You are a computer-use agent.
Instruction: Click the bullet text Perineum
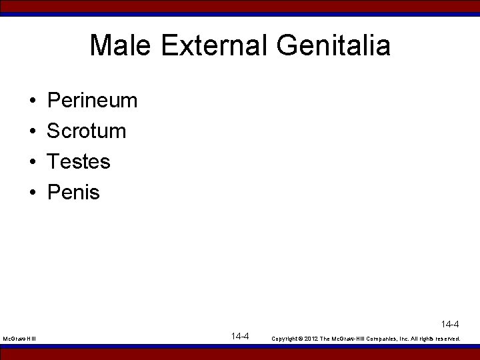point(92,101)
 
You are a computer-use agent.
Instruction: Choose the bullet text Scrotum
point(86,131)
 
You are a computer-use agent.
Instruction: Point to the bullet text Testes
point(79,161)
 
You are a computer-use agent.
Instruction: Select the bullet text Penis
point(73,192)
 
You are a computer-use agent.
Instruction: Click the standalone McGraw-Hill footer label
point(19,339)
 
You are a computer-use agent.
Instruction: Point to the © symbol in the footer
point(300,339)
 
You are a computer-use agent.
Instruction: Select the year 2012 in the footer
point(311,339)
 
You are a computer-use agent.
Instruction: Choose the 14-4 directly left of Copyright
point(240,336)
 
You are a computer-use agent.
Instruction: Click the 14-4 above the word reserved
point(450,325)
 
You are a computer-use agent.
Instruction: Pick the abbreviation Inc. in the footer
point(402,339)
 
